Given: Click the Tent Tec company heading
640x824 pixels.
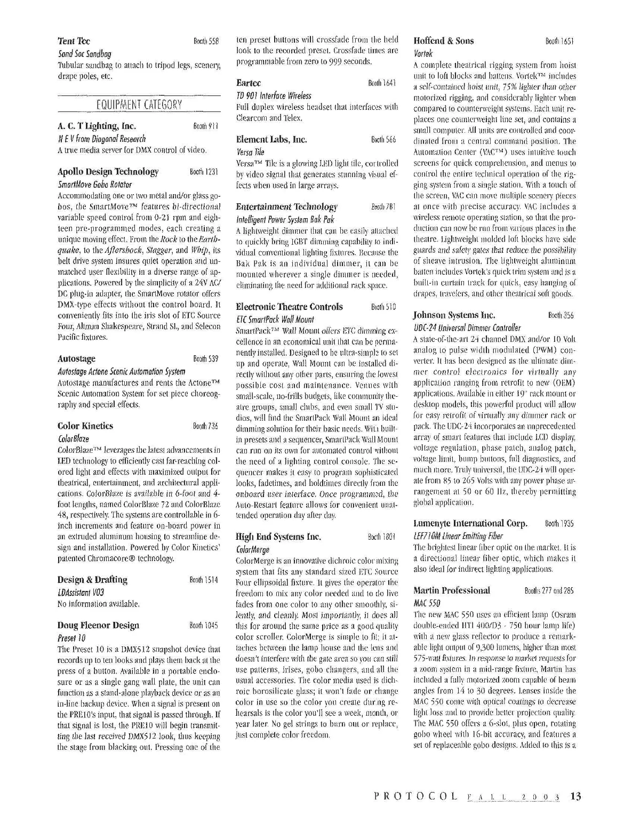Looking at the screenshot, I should [74, 41].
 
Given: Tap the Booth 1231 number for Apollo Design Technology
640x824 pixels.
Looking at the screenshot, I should [204, 172].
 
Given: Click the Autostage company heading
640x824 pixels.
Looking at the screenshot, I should [76, 359].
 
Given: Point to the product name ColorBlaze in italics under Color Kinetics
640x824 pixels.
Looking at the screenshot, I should [73, 438].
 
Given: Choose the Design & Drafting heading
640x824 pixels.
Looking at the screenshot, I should [92, 580].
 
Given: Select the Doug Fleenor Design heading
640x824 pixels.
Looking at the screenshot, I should [98, 625].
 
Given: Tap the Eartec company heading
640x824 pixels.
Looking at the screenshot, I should [249, 83].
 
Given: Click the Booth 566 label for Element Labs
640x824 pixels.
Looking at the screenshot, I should [383, 140].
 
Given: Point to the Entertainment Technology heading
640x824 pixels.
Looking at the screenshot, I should [286, 206].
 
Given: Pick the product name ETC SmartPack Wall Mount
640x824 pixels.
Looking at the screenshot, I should [275, 319].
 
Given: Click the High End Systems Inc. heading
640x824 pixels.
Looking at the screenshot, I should [278, 537].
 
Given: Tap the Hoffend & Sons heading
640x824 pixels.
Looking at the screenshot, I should [443, 41].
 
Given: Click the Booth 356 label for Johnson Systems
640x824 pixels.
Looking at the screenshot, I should [561, 315].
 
